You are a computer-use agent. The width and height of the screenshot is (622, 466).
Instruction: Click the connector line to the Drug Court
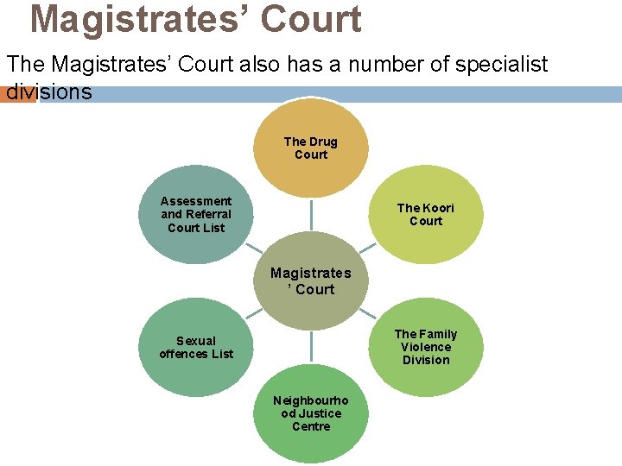tap(311, 216)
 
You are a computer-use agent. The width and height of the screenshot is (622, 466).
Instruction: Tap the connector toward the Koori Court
tap(367, 248)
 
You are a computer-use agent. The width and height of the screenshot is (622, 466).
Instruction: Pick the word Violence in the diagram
tap(425, 347)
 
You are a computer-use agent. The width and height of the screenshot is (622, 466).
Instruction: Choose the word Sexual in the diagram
tap(196, 341)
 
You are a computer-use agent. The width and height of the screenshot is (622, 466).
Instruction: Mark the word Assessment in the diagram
tap(196, 201)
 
